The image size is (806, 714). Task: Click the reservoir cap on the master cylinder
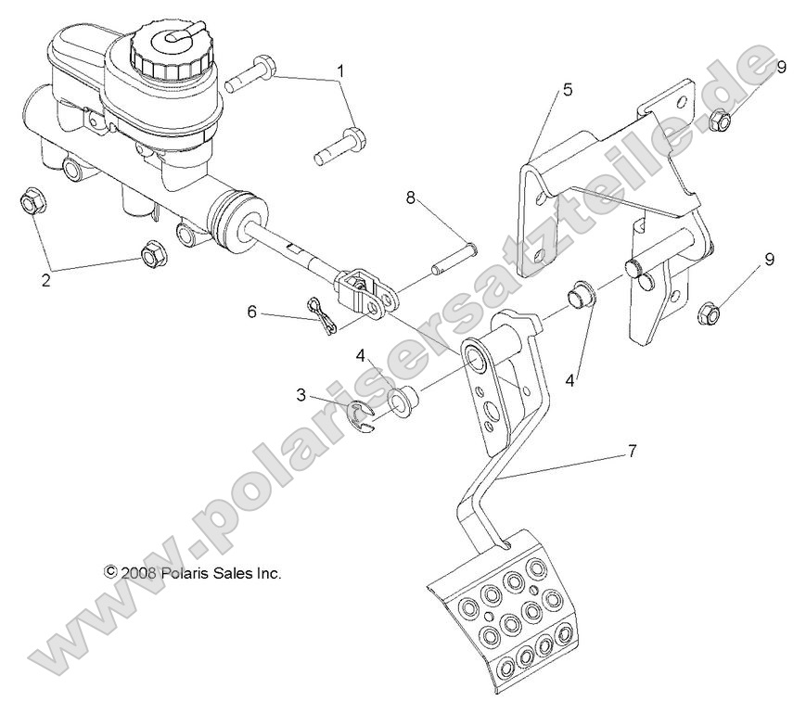pos(170,52)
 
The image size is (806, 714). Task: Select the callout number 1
pos(341,70)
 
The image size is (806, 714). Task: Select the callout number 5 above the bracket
pos(568,90)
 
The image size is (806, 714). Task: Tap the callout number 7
pos(632,452)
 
